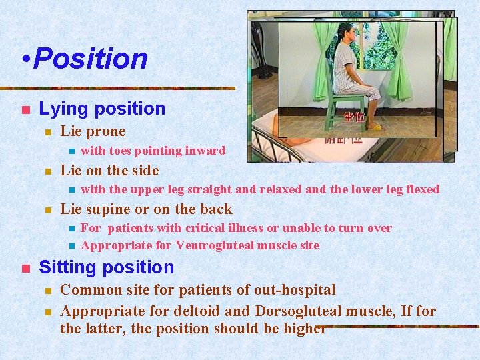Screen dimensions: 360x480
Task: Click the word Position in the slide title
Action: [90, 59]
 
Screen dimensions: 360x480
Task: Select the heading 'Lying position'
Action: [102, 108]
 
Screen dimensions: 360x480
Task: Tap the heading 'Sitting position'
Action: [106, 267]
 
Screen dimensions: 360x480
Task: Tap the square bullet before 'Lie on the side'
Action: [47, 171]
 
